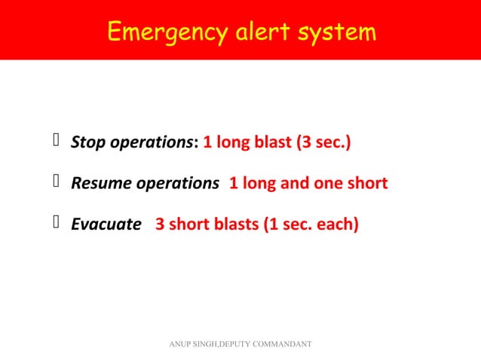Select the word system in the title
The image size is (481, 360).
(336, 32)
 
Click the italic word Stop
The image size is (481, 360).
(85, 142)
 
